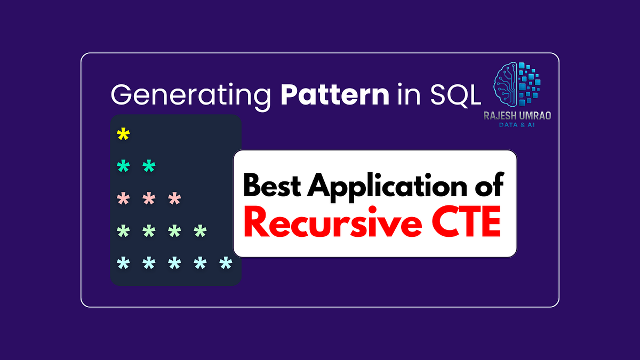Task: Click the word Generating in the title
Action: [x=187, y=95]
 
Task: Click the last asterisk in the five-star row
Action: [x=226, y=263]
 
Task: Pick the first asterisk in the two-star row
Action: [x=123, y=167]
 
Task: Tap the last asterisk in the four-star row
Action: [x=200, y=231]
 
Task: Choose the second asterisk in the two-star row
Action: [x=149, y=167]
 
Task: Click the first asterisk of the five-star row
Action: [x=123, y=263]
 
